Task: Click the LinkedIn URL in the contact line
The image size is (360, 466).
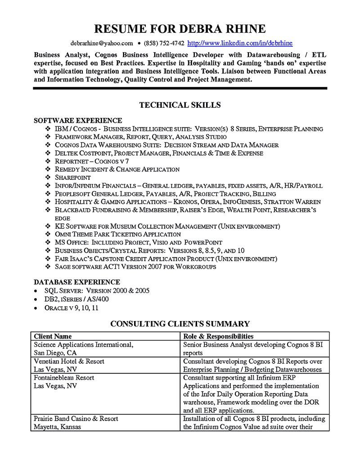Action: [239, 43]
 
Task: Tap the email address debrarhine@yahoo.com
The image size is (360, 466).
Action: [102, 43]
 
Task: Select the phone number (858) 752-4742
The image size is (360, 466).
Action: [164, 43]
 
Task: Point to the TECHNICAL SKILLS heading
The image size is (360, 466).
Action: [180, 105]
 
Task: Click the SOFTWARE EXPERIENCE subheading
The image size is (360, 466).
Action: [78, 120]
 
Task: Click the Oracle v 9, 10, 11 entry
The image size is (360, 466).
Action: [72, 308]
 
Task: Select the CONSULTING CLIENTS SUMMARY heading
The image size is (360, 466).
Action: [180, 323]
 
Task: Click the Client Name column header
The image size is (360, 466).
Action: [53, 336]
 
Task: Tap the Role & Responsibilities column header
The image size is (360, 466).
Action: [218, 336]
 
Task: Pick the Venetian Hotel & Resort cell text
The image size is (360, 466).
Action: [69, 361]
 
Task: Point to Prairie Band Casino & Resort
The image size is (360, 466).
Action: [76, 418]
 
